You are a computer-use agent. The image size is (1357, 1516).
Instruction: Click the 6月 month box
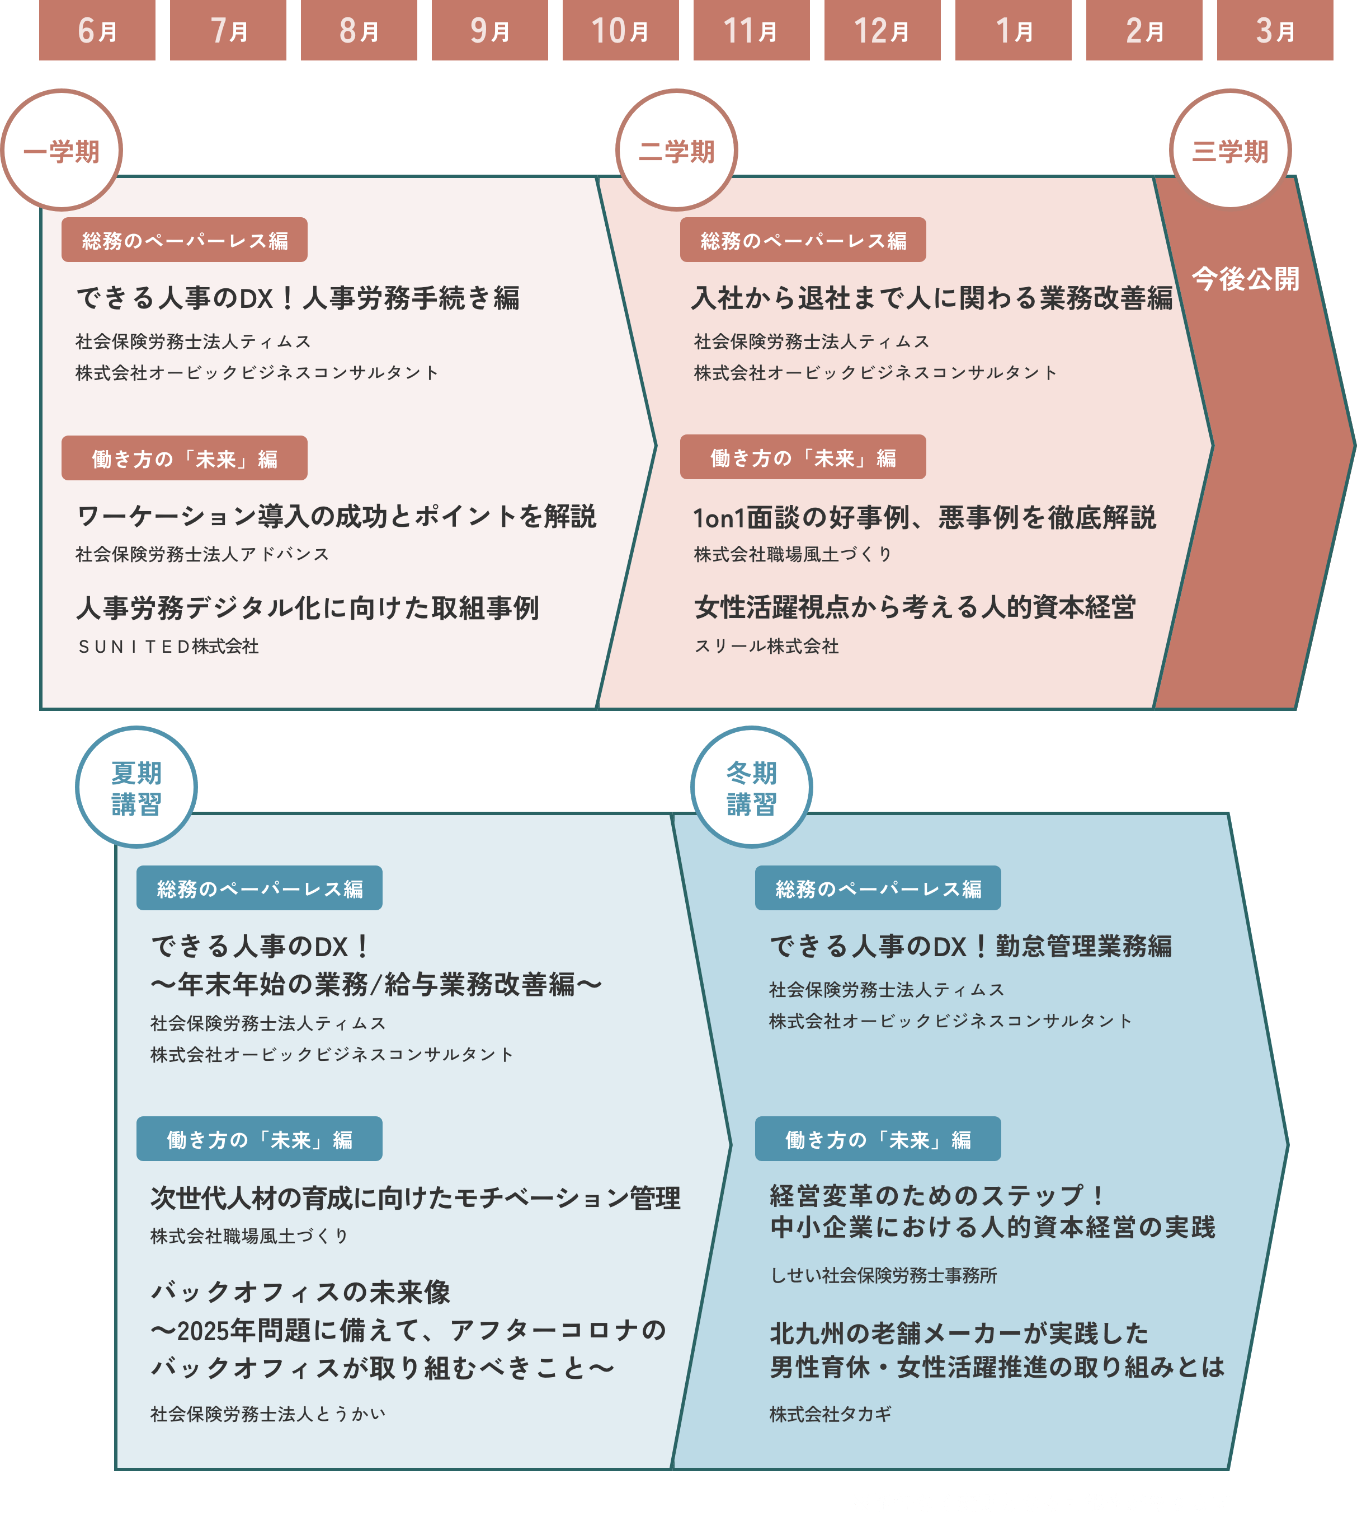[x=97, y=30]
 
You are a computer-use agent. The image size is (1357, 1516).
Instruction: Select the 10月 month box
[x=620, y=30]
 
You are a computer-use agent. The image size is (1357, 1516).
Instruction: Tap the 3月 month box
[x=1275, y=30]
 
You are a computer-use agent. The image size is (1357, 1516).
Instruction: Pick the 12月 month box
[x=882, y=30]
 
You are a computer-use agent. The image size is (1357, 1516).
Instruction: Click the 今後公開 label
[x=1245, y=279]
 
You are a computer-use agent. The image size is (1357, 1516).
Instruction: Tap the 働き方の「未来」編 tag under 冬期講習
[x=878, y=1139]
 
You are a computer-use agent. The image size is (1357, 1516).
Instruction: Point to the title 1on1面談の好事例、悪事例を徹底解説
[x=925, y=517]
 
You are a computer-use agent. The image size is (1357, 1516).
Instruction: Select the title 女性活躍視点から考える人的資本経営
[x=915, y=607]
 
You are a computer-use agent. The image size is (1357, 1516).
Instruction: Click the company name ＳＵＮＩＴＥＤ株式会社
[x=168, y=646]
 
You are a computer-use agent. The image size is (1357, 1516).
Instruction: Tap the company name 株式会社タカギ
[x=830, y=1413]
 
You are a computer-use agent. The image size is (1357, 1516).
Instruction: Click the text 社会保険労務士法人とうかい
[x=268, y=1413]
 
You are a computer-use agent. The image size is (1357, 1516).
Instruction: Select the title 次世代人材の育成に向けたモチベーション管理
[x=415, y=1197]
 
